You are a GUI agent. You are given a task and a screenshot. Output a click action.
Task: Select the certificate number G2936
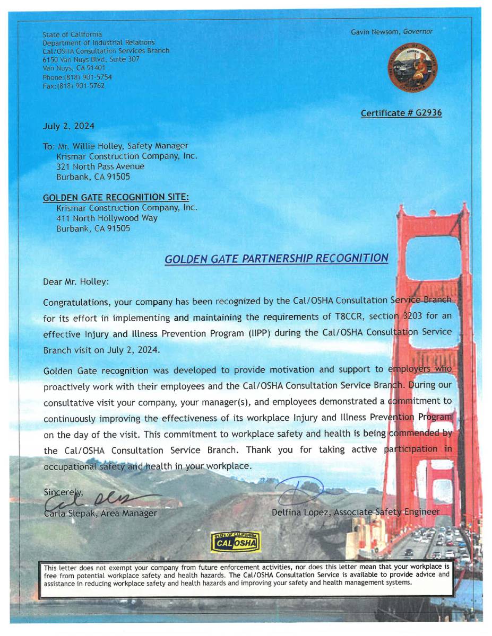(401, 113)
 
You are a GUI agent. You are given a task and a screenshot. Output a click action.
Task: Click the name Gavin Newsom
(376, 32)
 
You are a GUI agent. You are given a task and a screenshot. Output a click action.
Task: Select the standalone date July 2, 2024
(68, 126)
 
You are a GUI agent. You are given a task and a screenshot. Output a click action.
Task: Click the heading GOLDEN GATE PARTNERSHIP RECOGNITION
(276, 259)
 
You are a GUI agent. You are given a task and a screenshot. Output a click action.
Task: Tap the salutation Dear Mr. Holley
(76, 282)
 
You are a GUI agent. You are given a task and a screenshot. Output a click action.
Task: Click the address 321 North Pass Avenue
(100, 166)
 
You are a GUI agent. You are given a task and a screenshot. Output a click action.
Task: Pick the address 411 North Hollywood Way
(107, 218)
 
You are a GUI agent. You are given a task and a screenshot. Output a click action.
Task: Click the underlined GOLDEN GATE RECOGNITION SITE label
(116, 198)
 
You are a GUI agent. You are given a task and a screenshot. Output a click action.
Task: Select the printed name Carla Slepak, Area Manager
(101, 513)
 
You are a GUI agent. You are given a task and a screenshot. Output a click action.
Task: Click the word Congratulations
(75, 302)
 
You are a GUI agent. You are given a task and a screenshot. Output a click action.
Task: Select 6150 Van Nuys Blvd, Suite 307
(91, 59)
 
